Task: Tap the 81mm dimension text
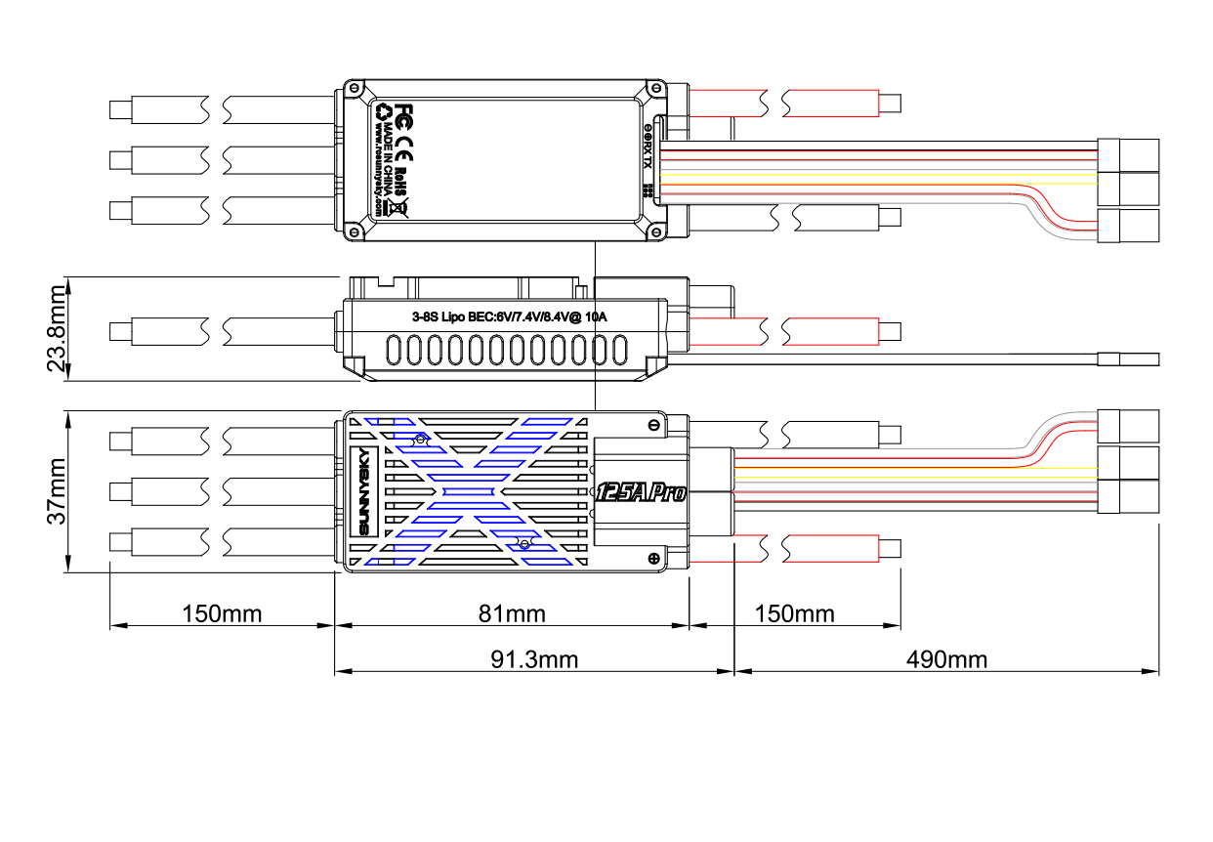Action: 512,613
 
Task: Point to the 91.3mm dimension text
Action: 533,659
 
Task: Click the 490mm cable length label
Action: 946,659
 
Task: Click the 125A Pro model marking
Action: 641,491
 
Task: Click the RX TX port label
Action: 647,147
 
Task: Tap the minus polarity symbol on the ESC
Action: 652,425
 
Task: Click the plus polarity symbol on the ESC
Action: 652,558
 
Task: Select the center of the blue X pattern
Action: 468,491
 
